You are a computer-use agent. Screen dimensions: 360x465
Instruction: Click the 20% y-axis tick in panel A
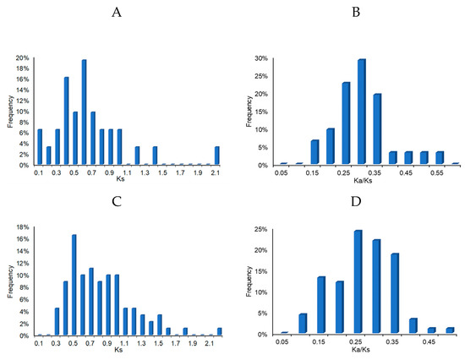(25, 58)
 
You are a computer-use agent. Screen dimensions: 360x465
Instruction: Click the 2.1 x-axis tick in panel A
(217, 172)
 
